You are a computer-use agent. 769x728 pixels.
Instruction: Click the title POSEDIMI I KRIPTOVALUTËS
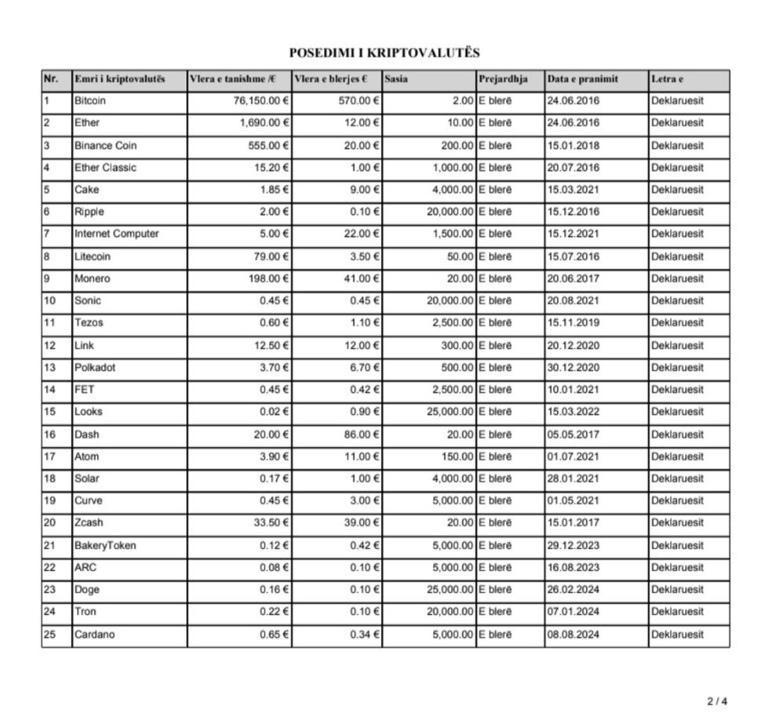coord(384,53)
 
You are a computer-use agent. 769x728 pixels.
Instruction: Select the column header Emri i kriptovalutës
coord(119,79)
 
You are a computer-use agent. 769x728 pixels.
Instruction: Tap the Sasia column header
coord(395,79)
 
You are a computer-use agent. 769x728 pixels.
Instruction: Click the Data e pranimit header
coord(583,79)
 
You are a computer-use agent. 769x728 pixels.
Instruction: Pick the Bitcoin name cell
coord(90,101)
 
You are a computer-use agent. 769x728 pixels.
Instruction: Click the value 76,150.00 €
coord(256,101)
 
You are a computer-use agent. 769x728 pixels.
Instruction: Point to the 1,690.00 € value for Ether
coord(264,123)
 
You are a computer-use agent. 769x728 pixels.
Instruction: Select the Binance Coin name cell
coord(105,146)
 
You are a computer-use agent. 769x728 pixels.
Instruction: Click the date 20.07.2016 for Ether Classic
coord(573,168)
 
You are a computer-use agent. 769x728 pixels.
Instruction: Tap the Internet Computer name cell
coord(116,234)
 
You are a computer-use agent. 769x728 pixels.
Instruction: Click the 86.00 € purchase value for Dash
coord(363,435)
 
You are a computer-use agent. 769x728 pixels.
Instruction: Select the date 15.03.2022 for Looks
coord(573,412)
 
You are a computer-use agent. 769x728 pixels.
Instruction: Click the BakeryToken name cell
coord(104,546)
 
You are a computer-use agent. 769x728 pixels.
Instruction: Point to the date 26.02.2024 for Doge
coord(573,590)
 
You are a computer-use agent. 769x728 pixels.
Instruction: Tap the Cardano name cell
coord(94,635)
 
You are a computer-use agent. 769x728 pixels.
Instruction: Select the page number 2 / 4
coord(717,701)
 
